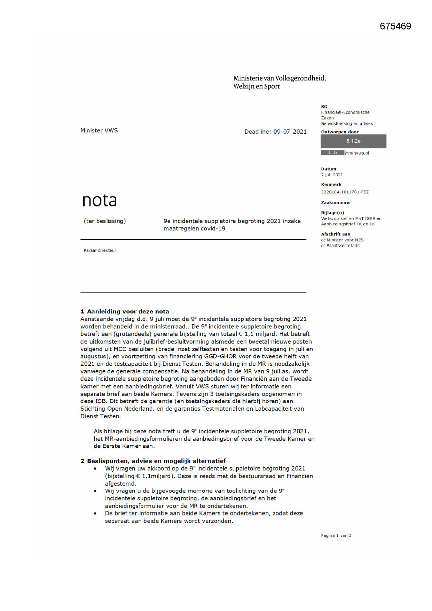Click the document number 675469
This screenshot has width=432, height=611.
click(395, 26)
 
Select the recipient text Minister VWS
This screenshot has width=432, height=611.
click(99, 131)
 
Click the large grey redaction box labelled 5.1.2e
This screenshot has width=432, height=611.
click(353, 141)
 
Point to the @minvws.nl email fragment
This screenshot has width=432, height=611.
click(357, 153)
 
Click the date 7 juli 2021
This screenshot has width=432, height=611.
click(332, 175)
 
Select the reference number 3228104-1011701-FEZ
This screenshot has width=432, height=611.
click(345, 192)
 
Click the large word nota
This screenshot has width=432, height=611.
click(100, 200)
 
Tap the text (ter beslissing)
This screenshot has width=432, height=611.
click(105, 221)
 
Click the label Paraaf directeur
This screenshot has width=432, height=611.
click(100, 250)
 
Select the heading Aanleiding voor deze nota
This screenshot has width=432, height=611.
click(128, 311)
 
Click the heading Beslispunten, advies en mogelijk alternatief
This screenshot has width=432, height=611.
click(156, 461)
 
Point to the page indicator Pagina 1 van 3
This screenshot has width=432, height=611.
click(336, 535)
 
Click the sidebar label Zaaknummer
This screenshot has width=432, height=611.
click(336, 203)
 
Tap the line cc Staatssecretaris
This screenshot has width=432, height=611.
click(340, 246)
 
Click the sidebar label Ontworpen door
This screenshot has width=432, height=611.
click(339, 132)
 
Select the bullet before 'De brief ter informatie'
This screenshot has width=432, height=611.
click(95, 513)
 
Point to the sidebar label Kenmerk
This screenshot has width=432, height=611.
click(331, 185)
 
